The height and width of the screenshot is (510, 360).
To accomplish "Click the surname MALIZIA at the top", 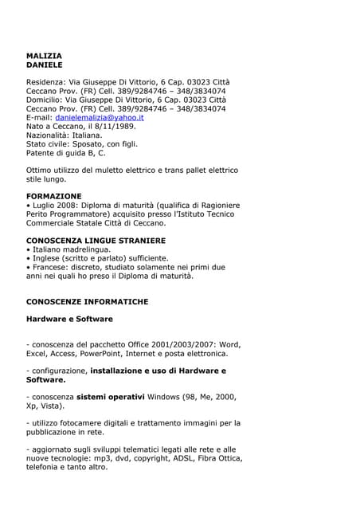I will (44, 56).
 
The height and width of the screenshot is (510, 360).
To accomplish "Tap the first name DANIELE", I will (44, 65).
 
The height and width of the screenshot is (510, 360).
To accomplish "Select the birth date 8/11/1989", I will (116, 126).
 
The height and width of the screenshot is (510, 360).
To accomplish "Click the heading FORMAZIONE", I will (53, 196).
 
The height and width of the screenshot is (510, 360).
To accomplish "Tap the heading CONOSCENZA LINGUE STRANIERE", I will (96, 240).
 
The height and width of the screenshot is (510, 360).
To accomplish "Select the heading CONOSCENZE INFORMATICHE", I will (87, 302).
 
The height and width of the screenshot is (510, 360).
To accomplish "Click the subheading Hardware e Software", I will (69, 319).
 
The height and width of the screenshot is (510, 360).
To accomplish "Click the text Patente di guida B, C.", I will (65, 152).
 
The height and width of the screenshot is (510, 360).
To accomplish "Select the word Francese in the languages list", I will (52, 267).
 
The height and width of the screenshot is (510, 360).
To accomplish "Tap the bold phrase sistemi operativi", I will (111, 396).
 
